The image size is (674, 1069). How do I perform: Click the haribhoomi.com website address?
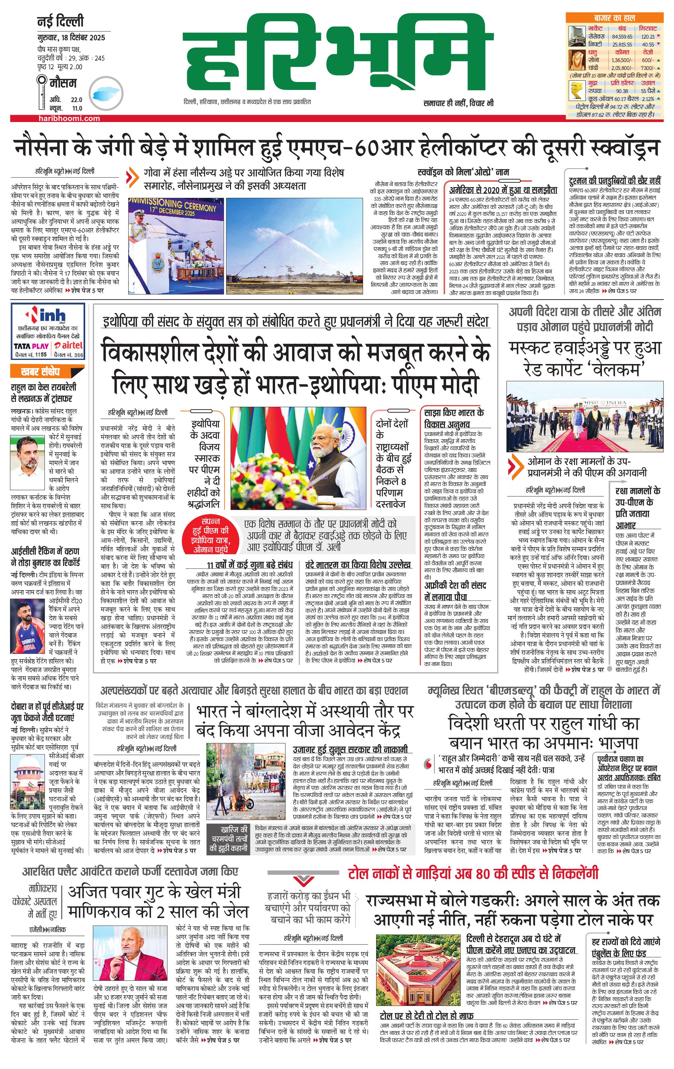click(x=69, y=119)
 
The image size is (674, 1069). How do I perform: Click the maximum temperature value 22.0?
click(x=77, y=100)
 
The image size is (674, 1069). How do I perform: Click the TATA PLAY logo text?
click(x=31, y=346)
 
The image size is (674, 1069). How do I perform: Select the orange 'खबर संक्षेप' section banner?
click(x=47, y=371)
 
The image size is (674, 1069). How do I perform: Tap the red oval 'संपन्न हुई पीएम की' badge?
click(x=210, y=535)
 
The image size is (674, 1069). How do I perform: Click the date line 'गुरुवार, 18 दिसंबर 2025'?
click(x=71, y=37)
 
